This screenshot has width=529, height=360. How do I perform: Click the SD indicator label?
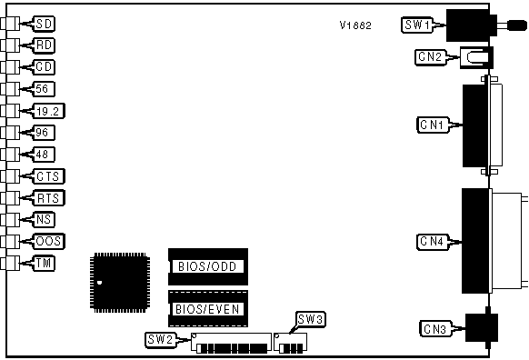click(44, 24)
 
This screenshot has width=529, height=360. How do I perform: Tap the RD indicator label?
click(44, 45)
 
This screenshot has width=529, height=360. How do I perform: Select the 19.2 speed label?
click(48, 111)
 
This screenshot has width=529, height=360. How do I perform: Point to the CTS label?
click(48, 176)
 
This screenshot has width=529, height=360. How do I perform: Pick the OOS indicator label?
click(48, 242)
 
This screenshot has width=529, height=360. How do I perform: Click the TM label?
click(44, 263)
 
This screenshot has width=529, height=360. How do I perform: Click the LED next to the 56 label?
click(10, 89)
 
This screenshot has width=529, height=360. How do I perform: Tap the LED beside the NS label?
click(10, 220)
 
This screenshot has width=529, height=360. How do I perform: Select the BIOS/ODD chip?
click(208, 267)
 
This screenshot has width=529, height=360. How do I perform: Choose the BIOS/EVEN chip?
click(208, 309)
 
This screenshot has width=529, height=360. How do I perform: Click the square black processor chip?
click(120, 283)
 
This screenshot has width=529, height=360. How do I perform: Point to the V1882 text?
click(355, 25)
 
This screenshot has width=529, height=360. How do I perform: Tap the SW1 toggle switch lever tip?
click(518, 25)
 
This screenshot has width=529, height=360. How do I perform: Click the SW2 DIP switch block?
click(231, 343)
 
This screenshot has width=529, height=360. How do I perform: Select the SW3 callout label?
click(310, 319)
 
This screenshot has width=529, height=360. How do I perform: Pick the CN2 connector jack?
click(476, 57)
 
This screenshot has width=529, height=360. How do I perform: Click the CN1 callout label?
click(434, 125)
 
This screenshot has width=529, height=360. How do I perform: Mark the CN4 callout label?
click(434, 242)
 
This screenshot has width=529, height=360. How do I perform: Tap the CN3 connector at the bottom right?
click(482, 327)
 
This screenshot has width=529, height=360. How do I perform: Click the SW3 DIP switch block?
click(290, 343)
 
